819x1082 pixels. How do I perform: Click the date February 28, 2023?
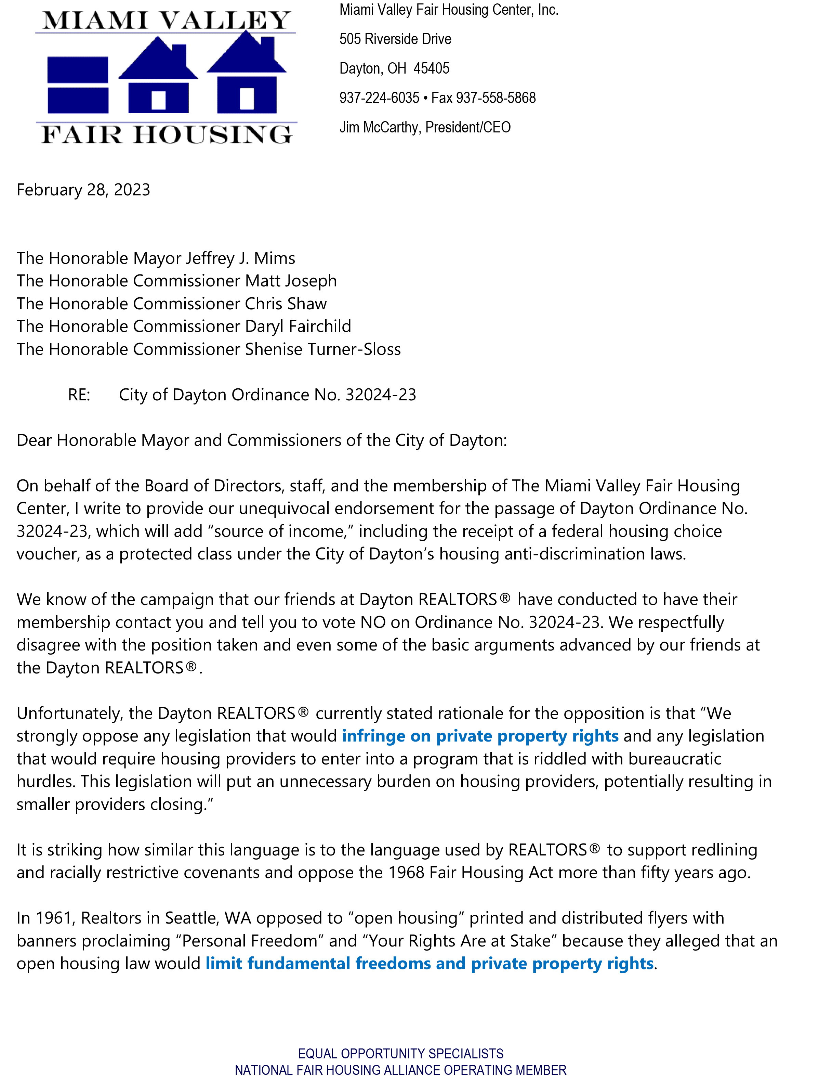(x=83, y=190)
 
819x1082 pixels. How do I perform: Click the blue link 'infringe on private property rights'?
(x=480, y=736)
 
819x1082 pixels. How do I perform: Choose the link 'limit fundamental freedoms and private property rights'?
(x=429, y=964)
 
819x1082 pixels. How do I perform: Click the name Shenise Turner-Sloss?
(x=323, y=349)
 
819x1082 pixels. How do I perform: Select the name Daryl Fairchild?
(x=298, y=326)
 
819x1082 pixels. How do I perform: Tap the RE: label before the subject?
(x=79, y=395)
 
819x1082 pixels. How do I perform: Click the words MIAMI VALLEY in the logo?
(x=166, y=21)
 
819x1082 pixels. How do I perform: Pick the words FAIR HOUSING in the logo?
(x=166, y=134)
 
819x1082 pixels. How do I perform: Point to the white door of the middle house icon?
(x=158, y=100)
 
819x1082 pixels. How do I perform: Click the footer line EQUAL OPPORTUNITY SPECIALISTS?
(x=400, y=1054)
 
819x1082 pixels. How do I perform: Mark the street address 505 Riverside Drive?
(x=395, y=39)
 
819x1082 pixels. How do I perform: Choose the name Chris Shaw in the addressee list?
(x=286, y=304)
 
